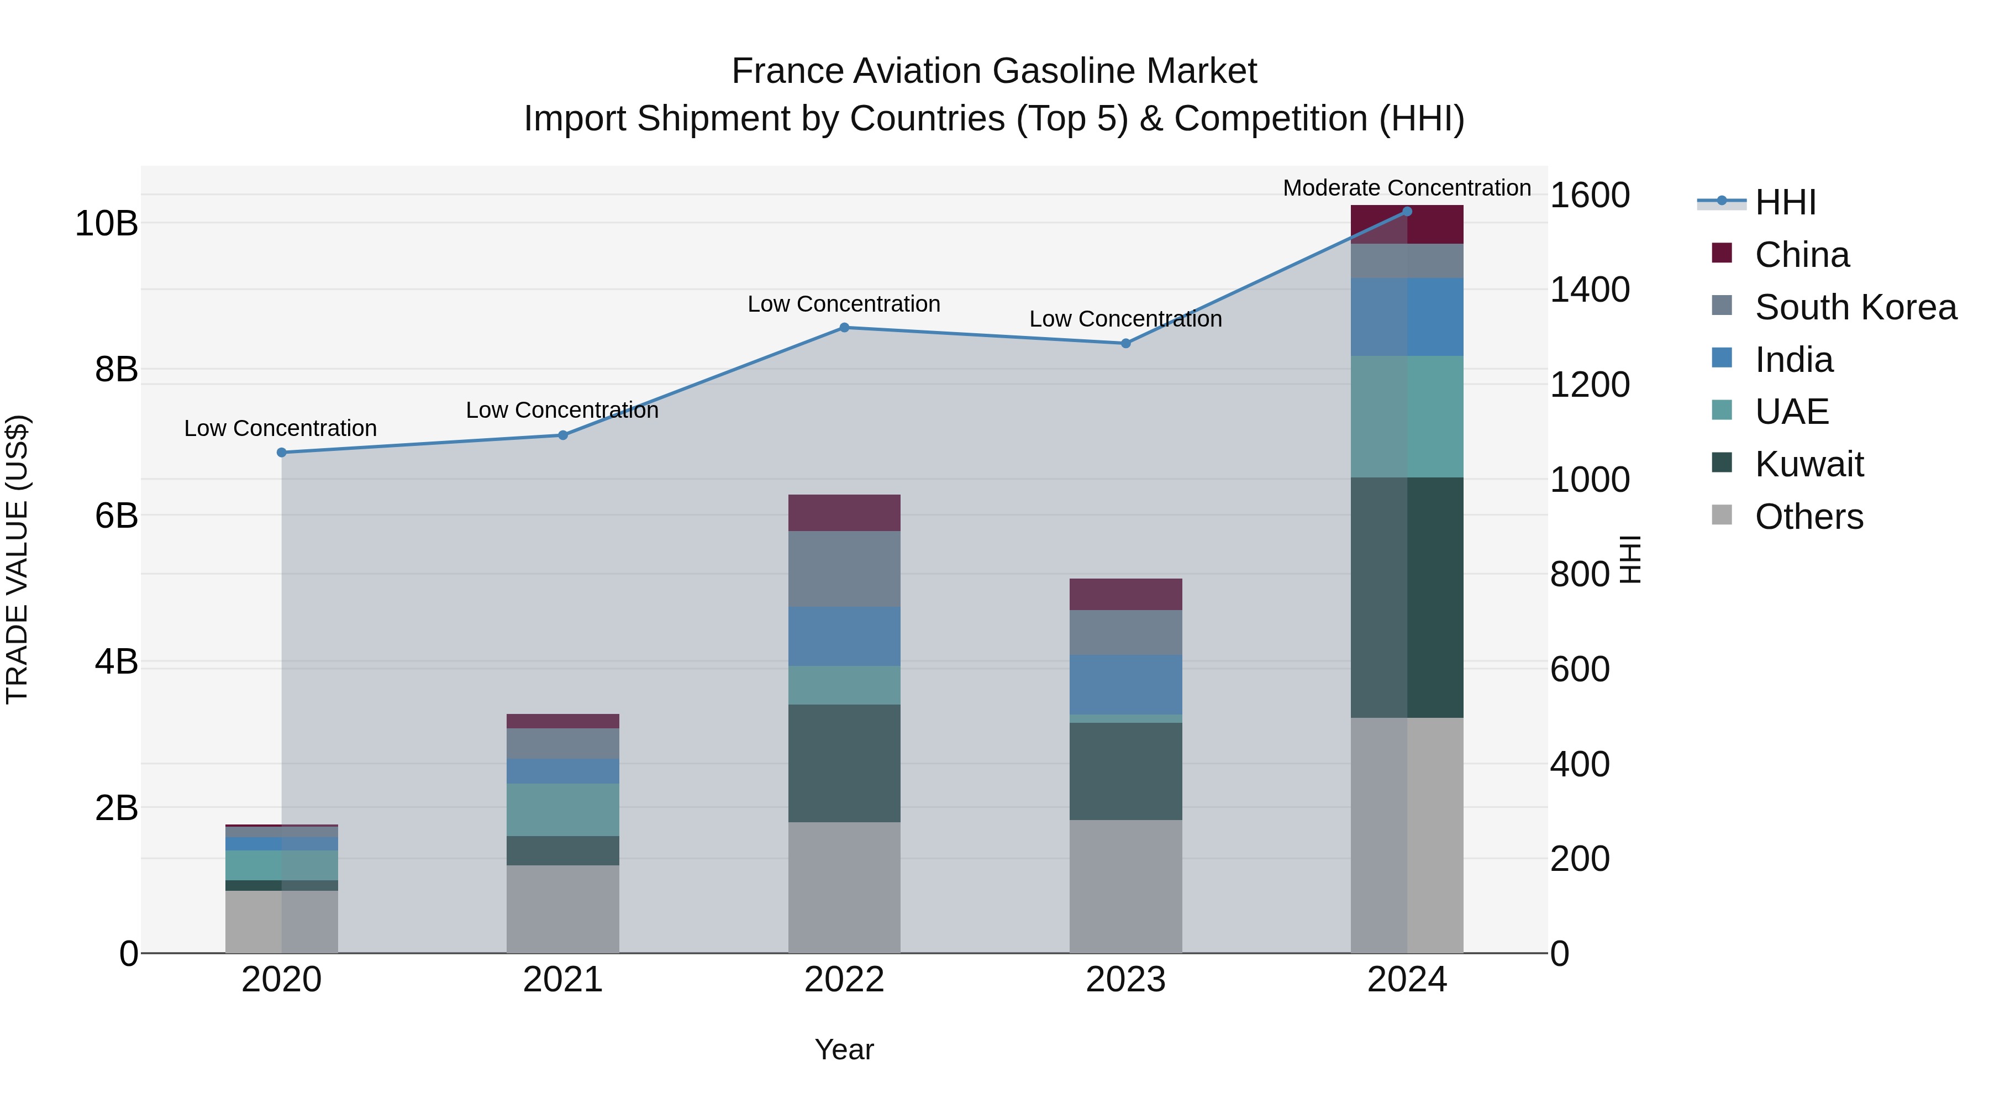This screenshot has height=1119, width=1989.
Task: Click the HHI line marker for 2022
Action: (844, 328)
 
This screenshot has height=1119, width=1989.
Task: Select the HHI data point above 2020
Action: (281, 453)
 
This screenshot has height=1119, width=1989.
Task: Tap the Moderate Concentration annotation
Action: (1406, 188)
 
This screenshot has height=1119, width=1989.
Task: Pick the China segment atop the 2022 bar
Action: (844, 512)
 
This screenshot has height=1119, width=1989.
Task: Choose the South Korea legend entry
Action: (1855, 307)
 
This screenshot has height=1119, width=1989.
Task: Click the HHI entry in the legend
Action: (1785, 202)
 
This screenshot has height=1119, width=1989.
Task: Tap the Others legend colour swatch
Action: (1721, 515)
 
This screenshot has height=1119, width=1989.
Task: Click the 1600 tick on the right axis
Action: (1589, 196)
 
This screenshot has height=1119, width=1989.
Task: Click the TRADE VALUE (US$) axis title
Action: (17, 559)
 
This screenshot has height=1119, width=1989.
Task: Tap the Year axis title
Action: (844, 1049)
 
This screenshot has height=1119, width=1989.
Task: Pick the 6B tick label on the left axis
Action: (116, 516)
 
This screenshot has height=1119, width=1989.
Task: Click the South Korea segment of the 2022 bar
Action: (844, 569)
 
